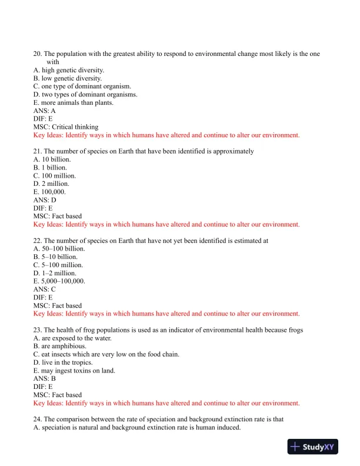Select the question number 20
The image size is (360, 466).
[37, 54]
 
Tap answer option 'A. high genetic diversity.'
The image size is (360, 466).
[69, 70]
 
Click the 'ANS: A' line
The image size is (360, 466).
[45, 111]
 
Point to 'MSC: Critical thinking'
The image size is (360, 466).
[66, 127]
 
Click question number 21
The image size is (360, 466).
[37, 151]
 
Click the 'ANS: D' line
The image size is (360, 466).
[45, 200]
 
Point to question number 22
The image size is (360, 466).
[37, 241]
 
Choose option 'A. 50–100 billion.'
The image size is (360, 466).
[59, 249]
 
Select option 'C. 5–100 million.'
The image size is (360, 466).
[59, 265]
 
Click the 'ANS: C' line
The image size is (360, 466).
[45, 289]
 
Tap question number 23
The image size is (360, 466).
[37, 330]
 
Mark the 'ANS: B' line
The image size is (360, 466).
[45, 378]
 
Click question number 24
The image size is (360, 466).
[37, 420]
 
